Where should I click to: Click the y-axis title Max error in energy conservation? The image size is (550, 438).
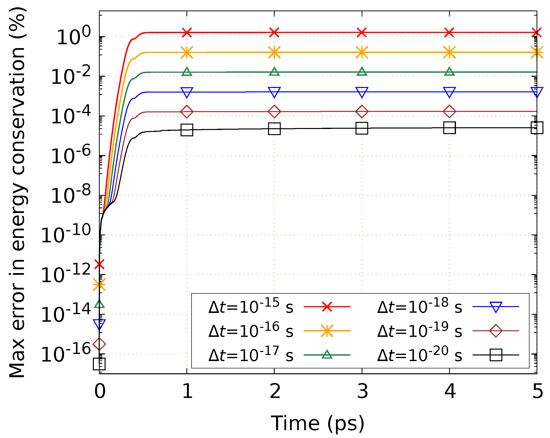[x=17, y=192]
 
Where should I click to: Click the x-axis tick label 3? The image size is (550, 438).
[x=362, y=392]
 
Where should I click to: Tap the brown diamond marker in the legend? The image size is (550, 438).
[x=496, y=331]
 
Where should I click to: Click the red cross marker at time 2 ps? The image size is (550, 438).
[x=274, y=32]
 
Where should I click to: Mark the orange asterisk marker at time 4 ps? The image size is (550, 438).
[x=450, y=52]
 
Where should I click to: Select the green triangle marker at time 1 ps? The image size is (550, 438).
[x=187, y=72]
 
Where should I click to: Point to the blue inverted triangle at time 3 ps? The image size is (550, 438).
[x=362, y=92]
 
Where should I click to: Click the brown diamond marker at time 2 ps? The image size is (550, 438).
[x=274, y=111]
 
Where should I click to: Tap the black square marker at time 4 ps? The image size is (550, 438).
[x=450, y=128]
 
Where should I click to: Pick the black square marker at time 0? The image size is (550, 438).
[x=99, y=364]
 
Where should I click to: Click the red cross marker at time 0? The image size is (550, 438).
[x=99, y=264]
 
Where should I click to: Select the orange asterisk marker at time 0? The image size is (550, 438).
[x=99, y=285]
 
